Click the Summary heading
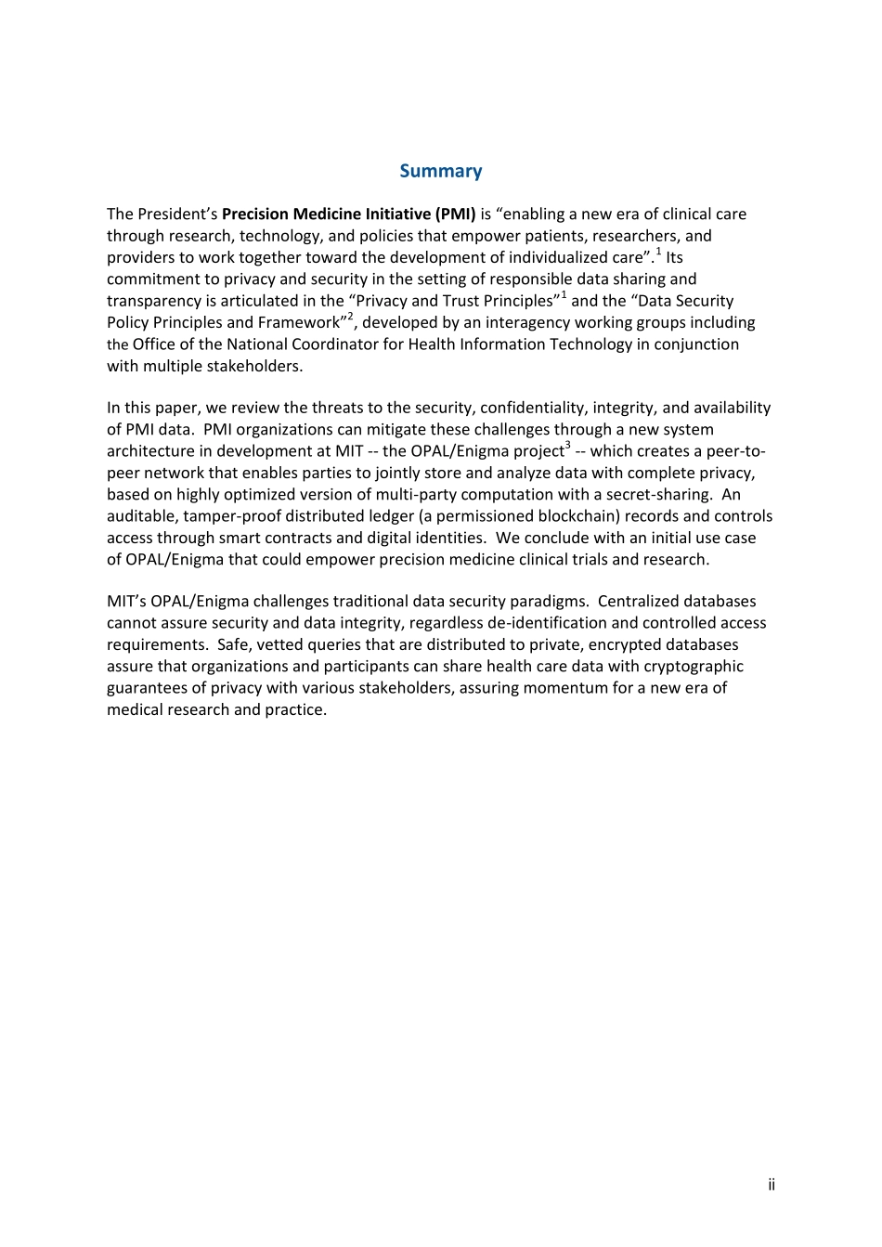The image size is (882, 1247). [x=440, y=171]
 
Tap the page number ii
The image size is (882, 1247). [x=771, y=1185]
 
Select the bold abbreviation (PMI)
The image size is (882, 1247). [x=455, y=214]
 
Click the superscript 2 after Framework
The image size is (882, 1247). [x=350, y=317]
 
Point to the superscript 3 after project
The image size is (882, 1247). [x=567, y=446]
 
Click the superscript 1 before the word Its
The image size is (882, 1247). [x=658, y=252]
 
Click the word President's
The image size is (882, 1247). [x=177, y=214]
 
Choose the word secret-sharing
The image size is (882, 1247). [x=659, y=495]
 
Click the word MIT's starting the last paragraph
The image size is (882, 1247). [x=126, y=602]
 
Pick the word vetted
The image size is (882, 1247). [x=281, y=644]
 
